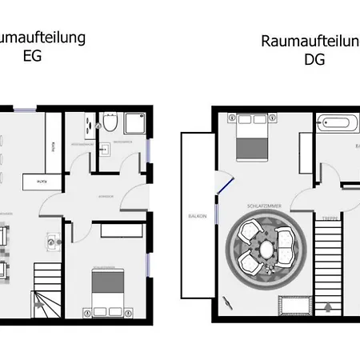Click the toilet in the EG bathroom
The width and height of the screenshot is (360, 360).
(109, 123)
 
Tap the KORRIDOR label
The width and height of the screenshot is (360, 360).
(106, 195)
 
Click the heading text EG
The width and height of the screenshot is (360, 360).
(32, 57)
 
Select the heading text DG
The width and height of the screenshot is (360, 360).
(314, 60)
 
